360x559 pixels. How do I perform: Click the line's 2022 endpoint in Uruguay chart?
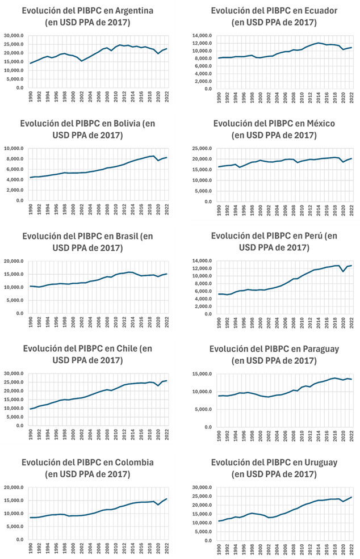(352, 497)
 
